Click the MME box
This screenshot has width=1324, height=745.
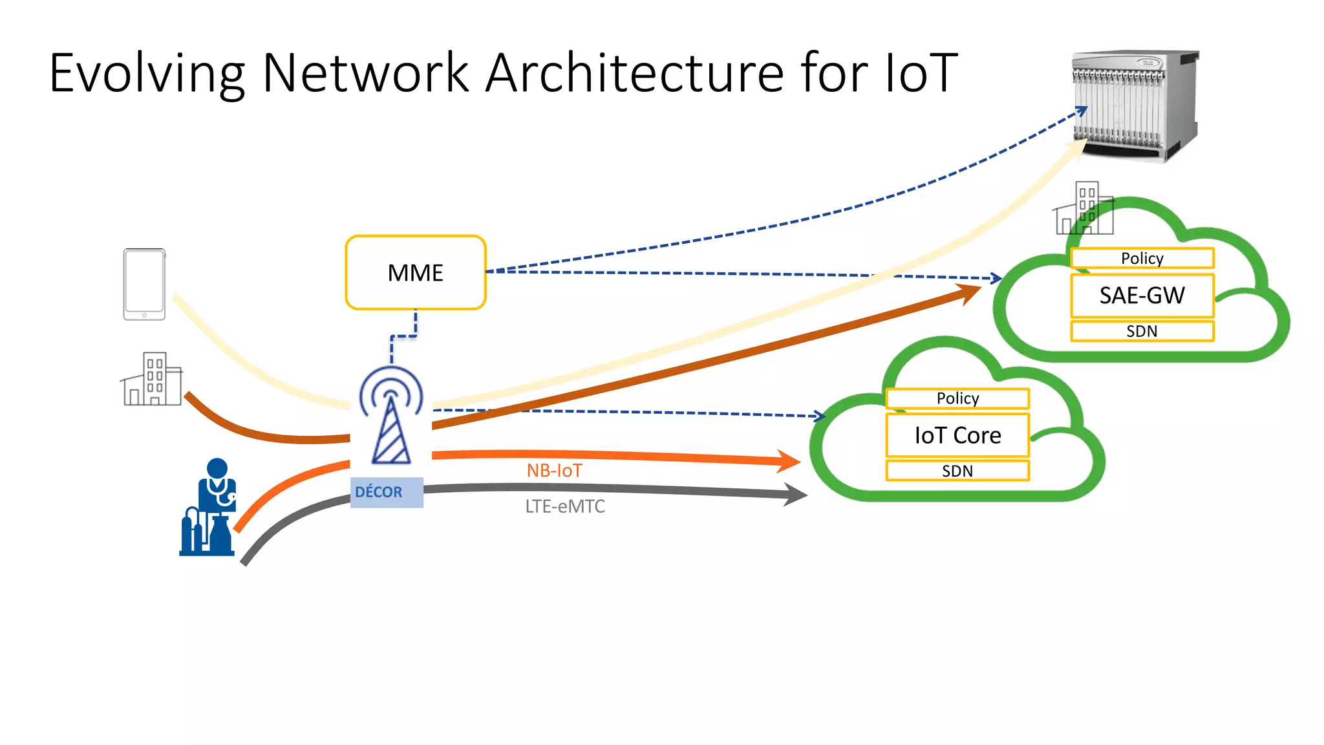pos(415,273)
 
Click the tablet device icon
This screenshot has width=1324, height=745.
pos(144,284)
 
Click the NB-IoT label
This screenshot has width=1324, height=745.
pos(554,470)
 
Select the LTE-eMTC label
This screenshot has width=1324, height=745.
pos(564,506)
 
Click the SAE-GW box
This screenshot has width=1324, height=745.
pos(1142,296)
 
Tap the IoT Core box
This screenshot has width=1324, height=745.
pos(957,435)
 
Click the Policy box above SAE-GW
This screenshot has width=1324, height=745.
pos(1142,258)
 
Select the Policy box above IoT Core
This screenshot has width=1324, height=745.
pos(957,398)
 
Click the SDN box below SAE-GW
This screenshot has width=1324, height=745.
pos(1142,331)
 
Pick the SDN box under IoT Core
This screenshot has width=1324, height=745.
pos(957,471)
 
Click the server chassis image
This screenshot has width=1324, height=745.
pos(1135,105)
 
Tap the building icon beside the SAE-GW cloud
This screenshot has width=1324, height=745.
pos(1085,209)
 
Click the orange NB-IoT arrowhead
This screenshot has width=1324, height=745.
pos(788,461)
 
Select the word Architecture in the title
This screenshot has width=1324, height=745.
pos(634,72)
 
